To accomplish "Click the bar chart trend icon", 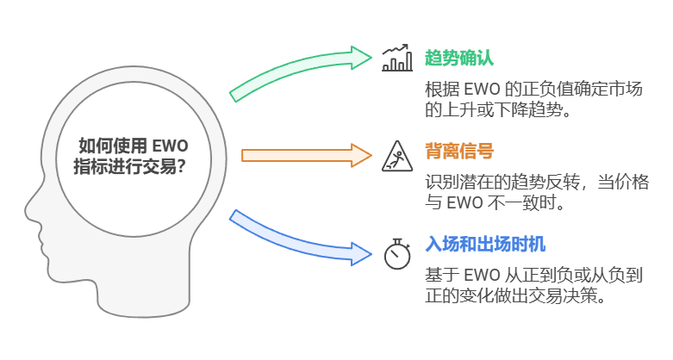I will tap(397, 58).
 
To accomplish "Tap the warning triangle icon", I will tap(397, 155).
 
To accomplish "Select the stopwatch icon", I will tap(397, 253).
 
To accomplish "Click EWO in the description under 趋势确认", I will tap(485, 90).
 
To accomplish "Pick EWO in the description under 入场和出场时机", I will tap(485, 275).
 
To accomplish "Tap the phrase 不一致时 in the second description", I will tap(527, 204).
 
